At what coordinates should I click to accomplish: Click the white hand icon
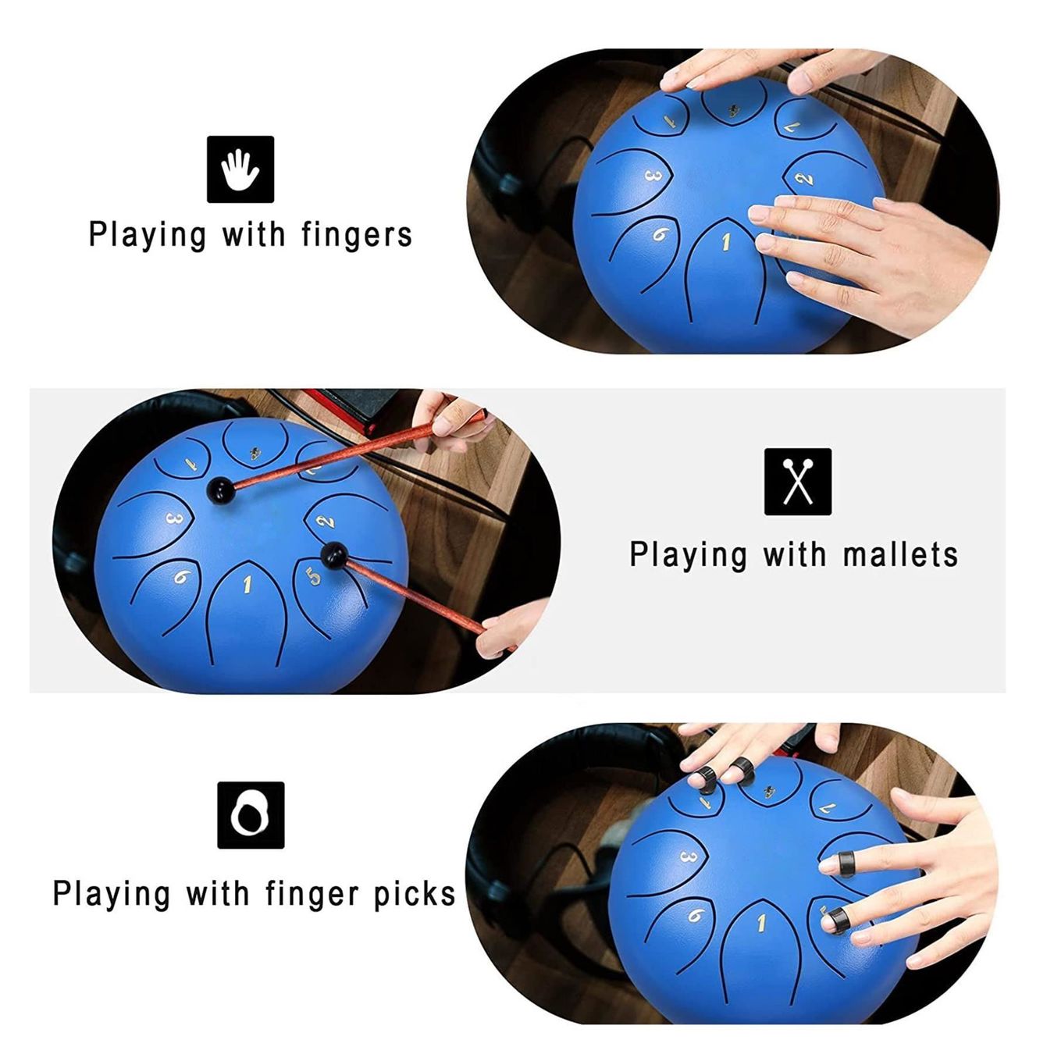(x=240, y=169)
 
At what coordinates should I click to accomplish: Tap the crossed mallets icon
(x=797, y=482)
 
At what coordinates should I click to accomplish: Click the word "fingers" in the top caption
(x=357, y=235)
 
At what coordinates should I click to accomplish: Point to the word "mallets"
(x=900, y=554)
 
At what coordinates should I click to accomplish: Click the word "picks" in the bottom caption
(x=415, y=894)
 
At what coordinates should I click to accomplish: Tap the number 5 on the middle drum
(x=313, y=576)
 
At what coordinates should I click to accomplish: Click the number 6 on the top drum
(x=661, y=234)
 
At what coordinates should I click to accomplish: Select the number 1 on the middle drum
(x=247, y=584)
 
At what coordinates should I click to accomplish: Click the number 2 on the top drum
(x=803, y=178)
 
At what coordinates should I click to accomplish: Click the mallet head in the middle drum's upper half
(x=220, y=489)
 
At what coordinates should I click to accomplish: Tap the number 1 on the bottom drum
(x=760, y=924)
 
